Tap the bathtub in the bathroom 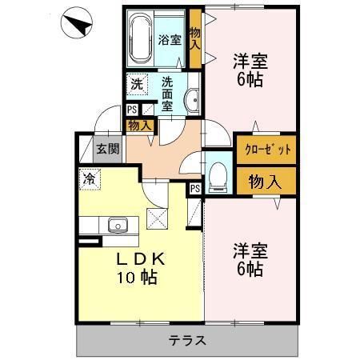coord(141,40)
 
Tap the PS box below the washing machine coord(132,110)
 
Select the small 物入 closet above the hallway coord(138,125)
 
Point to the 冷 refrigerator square coord(88,179)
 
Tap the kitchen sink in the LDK coord(117,225)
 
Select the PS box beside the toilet coord(195,188)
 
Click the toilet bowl coord(218,176)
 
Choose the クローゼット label coord(263,150)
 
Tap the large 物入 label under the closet coord(264,181)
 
